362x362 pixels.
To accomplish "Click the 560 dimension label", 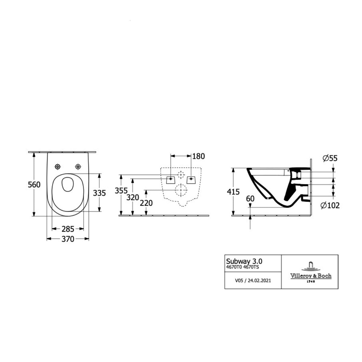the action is [34, 185].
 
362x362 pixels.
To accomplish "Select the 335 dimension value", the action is [99, 193].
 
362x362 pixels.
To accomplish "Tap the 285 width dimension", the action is [68, 229].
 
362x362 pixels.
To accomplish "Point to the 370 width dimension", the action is [68, 239].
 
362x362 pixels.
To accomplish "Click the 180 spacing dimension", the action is [198, 156].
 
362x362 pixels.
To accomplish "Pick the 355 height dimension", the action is [121, 191].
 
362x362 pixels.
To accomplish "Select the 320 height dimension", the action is [133, 197].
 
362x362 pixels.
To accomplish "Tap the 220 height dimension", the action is [146, 203].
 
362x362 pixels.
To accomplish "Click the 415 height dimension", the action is [233, 192].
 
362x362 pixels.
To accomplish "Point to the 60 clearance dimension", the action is [250, 198].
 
